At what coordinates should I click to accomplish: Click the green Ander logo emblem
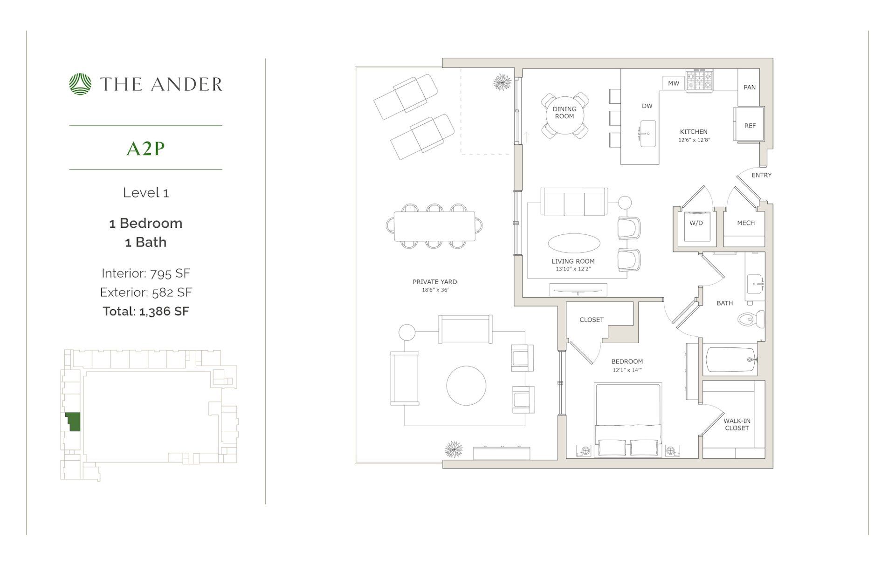(80, 84)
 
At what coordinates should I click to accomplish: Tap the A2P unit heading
(145, 149)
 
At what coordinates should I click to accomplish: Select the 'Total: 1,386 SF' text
(145, 311)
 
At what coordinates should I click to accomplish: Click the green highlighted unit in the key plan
(73, 421)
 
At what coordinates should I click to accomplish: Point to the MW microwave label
(673, 83)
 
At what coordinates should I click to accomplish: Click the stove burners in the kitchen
(699, 80)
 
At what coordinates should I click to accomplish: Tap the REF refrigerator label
(750, 126)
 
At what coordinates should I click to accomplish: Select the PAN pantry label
(750, 87)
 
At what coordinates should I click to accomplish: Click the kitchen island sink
(647, 134)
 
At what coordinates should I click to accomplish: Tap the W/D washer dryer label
(696, 223)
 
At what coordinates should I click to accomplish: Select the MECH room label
(745, 223)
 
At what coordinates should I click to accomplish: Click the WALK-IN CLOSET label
(737, 424)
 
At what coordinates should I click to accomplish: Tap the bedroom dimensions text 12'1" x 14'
(627, 370)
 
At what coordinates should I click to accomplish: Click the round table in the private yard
(466, 386)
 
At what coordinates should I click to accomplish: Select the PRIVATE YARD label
(434, 282)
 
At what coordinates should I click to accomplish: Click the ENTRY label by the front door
(761, 175)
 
